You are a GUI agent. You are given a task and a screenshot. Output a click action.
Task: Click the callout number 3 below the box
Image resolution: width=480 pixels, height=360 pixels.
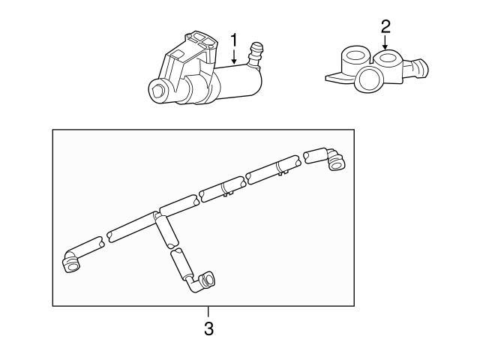[x=209, y=328]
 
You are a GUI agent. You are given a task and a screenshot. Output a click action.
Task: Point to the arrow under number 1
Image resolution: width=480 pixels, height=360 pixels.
[x=233, y=55]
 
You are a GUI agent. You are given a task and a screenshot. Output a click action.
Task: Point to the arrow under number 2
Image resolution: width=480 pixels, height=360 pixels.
[x=385, y=43]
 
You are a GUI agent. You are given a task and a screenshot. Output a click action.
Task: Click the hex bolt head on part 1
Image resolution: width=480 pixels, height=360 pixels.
[x=158, y=91]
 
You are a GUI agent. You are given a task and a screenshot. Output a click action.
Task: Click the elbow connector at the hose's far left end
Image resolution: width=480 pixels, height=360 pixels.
[x=72, y=262]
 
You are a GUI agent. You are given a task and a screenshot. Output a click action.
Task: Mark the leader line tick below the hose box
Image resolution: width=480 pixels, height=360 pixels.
[x=209, y=312]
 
